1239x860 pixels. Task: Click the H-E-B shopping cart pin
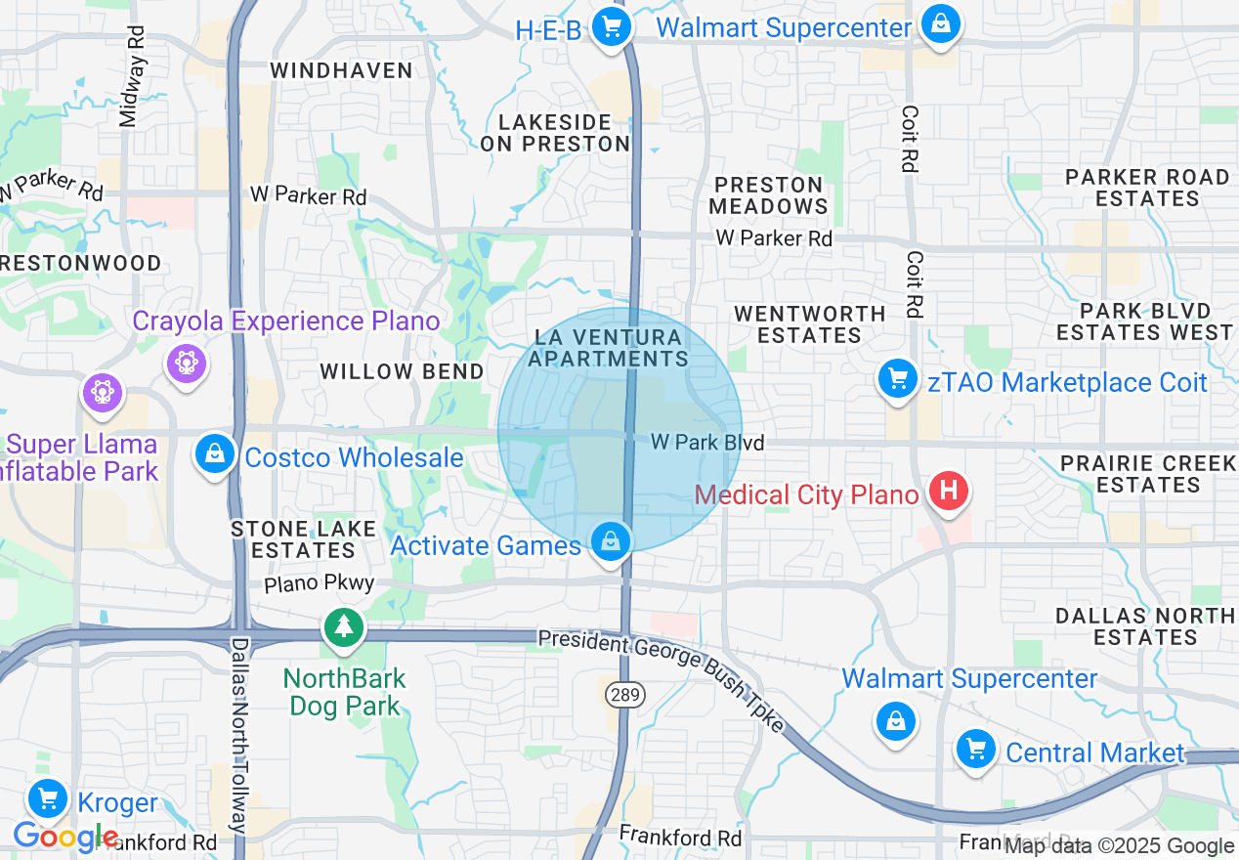tap(611, 26)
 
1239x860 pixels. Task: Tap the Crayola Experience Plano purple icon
tap(185, 364)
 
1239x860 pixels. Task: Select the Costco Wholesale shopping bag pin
tap(213, 454)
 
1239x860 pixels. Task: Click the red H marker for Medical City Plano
tap(948, 490)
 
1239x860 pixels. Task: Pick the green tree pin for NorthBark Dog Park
tap(343, 627)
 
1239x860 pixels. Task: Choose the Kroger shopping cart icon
tap(47, 799)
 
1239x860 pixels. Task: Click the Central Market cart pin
tap(974, 751)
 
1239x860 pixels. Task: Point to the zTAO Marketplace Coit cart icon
tap(896, 379)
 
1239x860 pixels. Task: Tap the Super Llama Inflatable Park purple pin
tap(104, 393)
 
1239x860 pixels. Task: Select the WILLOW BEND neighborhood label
tap(402, 371)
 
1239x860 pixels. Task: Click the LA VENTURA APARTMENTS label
tap(608, 348)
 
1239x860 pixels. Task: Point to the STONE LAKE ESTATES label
tap(304, 539)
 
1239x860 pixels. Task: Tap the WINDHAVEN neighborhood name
tap(341, 70)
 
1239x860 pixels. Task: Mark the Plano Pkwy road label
tap(319, 583)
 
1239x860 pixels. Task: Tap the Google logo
tap(64, 837)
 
